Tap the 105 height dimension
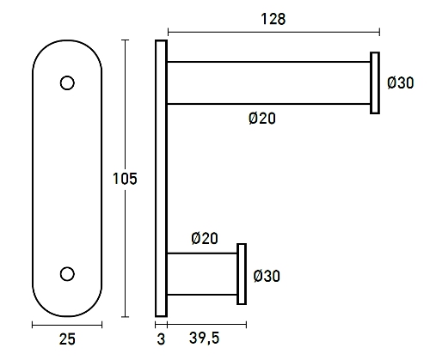pos(126,179)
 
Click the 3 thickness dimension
pos(161,339)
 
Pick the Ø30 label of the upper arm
pos(401,83)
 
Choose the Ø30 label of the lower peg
pos(267,276)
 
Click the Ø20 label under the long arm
pos(261,119)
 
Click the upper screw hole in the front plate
pos(67,83)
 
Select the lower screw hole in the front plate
pos(67,273)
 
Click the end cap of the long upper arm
pos(375,82)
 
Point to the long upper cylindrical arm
pos(267,82)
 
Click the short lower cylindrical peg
pos(202,274)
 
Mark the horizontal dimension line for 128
pos(273,33)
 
